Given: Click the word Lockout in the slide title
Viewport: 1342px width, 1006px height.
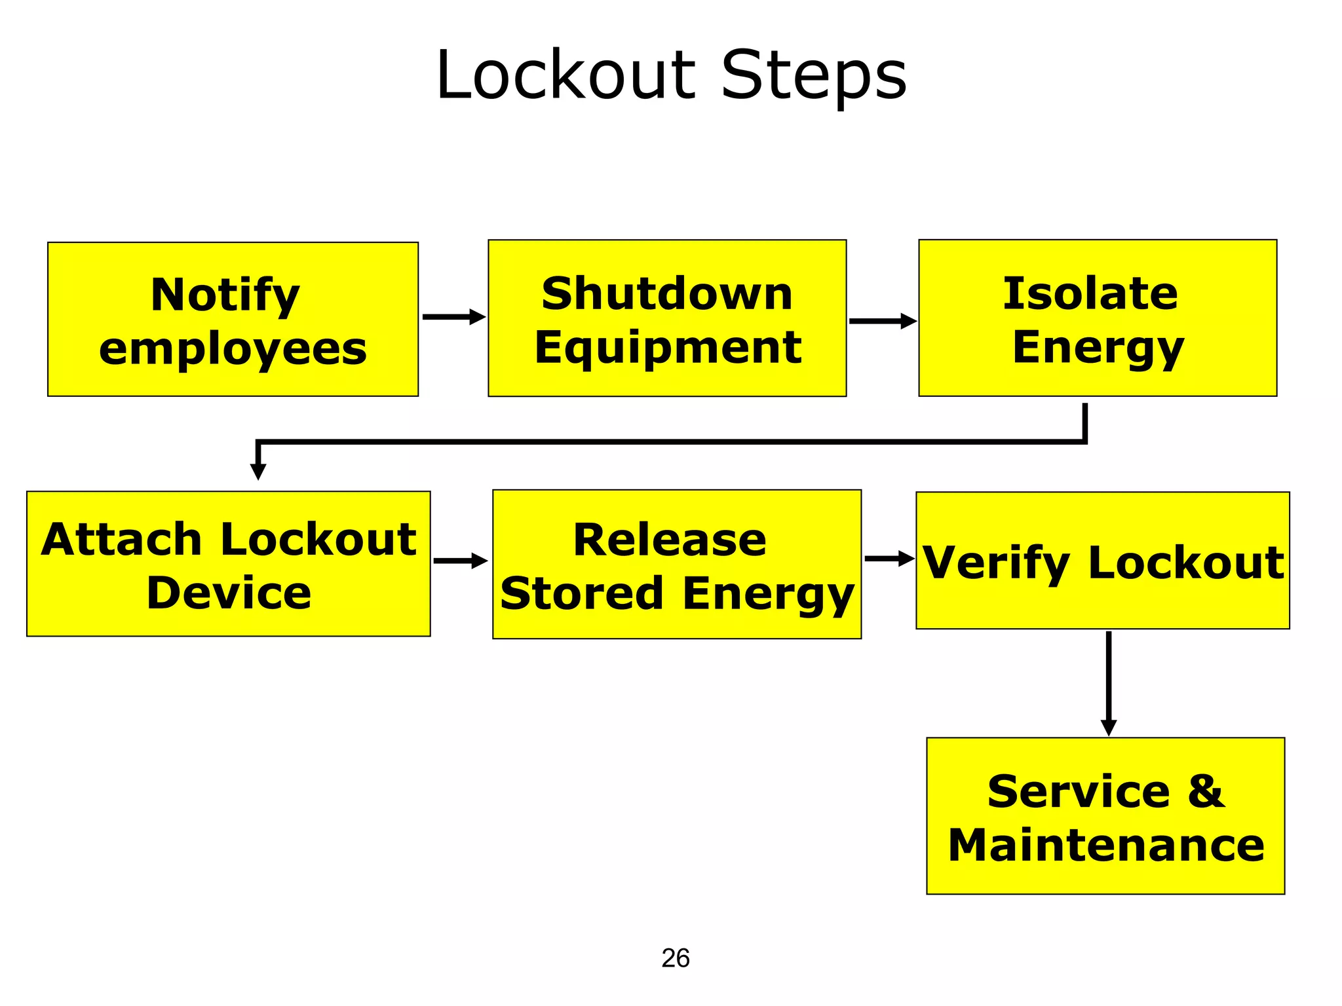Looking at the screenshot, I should (565, 75).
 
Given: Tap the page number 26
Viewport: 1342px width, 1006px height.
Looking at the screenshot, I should (675, 958).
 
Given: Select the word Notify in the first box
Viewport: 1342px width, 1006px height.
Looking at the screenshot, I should (225, 295).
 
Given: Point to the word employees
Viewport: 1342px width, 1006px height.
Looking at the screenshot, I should (233, 349).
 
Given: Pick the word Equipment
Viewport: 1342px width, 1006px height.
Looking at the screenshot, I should (668, 347).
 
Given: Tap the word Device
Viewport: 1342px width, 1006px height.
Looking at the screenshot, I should (229, 593).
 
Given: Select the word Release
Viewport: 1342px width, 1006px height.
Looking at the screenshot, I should (670, 540).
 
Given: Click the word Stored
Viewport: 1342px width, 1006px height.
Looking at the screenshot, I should (582, 593).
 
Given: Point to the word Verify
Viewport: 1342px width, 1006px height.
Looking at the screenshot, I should (996, 563).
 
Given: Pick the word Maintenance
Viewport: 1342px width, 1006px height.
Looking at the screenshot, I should (1106, 845).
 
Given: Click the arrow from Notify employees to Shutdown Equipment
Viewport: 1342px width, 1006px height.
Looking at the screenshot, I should (453, 317).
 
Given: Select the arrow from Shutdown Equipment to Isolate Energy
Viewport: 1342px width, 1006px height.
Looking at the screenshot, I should (882, 321).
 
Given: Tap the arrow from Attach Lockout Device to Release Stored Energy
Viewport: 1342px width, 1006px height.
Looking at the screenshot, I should (461, 561).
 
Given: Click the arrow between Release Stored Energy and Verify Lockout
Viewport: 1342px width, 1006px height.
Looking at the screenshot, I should (889, 559).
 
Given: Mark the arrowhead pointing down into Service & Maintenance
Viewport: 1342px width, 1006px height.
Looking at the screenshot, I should (1108, 728).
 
